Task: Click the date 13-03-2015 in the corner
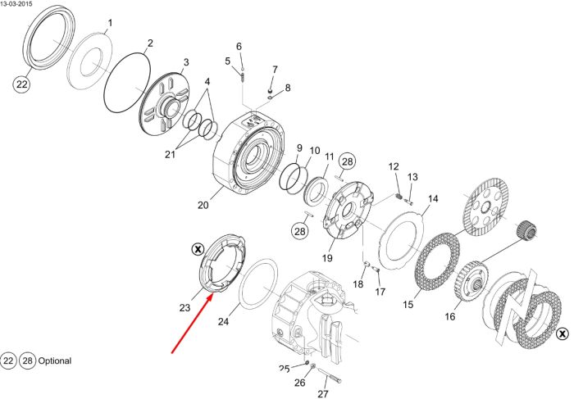pyautogui.click(x=16, y=3)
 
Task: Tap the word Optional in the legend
pyautogui.click(x=55, y=360)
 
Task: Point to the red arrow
pyautogui.click(x=192, y=324)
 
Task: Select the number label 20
pyautogui.click(x=203, y=205)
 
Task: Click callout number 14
pyautogui.click(x=433, y=198)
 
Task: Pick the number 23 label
pyautogui.click(x=184, y=307)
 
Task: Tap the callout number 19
pyautogui.click(x=327, y=258)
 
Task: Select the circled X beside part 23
pyautogui.click(x=198, y=249)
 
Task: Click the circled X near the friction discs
pyautogui.click(x=562, y=333)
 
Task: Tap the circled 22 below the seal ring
pyautogui.click(x=21, y=84)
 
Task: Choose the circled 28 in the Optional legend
pyautogui.click(x=27, y=361)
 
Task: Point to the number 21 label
pyautogui.click(x=170, y=154)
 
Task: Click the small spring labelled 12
pyautogui.click(x=399, y=197)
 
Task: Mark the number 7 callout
pyautogui.click(x=275, y=69)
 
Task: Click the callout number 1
pyautogui.click(x=110, y=23)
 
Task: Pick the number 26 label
pyautogui.click(x=300, y=383)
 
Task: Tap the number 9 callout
pyautogui.click(x=300, y=148)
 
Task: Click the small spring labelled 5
pyautogui.click(x=242, y=78)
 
